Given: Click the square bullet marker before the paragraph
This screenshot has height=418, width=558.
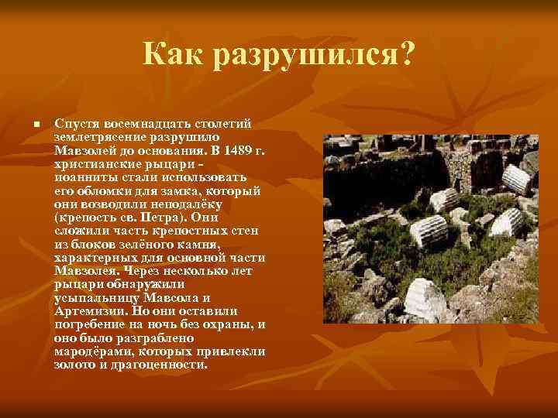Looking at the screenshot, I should point(26,125).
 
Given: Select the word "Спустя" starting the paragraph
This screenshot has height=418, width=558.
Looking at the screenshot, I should point(74,124).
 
